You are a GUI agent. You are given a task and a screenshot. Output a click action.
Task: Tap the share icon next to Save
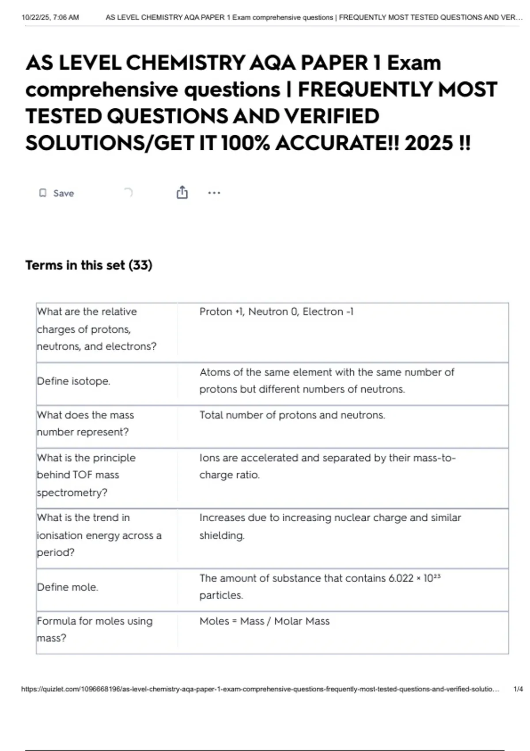tap(182, 193)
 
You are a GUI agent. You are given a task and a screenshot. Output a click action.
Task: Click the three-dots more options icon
tap(214, 193)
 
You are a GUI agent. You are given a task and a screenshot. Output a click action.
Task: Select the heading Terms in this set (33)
tap(89, 265)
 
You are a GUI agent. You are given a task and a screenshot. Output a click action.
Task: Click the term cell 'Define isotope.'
tap(73, 381)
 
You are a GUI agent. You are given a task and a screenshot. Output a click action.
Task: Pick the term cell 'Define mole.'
tap(67, 587)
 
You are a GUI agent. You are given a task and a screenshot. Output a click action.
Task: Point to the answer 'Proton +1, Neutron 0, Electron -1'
tap(276, 312)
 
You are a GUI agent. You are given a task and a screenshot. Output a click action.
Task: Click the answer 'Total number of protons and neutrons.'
tap(292, 415)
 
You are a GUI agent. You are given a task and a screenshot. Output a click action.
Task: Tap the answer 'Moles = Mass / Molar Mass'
tap(264, 621)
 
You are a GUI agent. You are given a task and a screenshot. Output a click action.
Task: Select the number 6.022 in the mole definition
tap(401, 578)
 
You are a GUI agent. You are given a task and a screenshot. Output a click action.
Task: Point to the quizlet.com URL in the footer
tap(260, 689)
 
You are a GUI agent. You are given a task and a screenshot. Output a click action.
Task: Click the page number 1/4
tap(518, 689)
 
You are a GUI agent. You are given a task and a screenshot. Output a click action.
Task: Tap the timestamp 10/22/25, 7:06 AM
tap(50, 18)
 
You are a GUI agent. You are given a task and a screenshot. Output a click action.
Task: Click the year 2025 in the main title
tap(428, 143)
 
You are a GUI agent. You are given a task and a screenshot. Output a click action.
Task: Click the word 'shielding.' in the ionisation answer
tap(222, 535)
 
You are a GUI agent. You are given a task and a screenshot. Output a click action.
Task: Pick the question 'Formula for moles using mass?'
tap(95, 630)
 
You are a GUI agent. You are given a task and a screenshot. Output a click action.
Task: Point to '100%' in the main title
tap(245, 143)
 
